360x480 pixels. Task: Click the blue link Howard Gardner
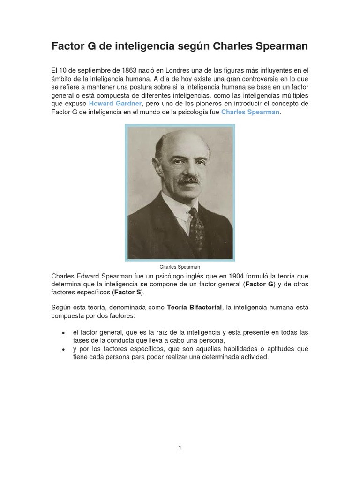pyautogui.click(x=115, y=104)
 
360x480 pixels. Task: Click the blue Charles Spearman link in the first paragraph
pyautogui.click(x=250, y=112)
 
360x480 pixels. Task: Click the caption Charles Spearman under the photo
pyautogui.click(x=180, y=267)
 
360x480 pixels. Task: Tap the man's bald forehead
pyautogui.click(x=183, y=143)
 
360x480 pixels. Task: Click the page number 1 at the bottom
pyautogui.click(x=180, y=449)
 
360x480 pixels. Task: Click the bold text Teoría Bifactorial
pyautogui.click(x=195, y=307)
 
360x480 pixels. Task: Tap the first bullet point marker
pyautogui.click(x=63, y=333)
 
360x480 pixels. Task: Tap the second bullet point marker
pyautogui.click(x=63, y=350)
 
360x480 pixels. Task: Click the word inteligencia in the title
pyautogui.click(x=143, y=46)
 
